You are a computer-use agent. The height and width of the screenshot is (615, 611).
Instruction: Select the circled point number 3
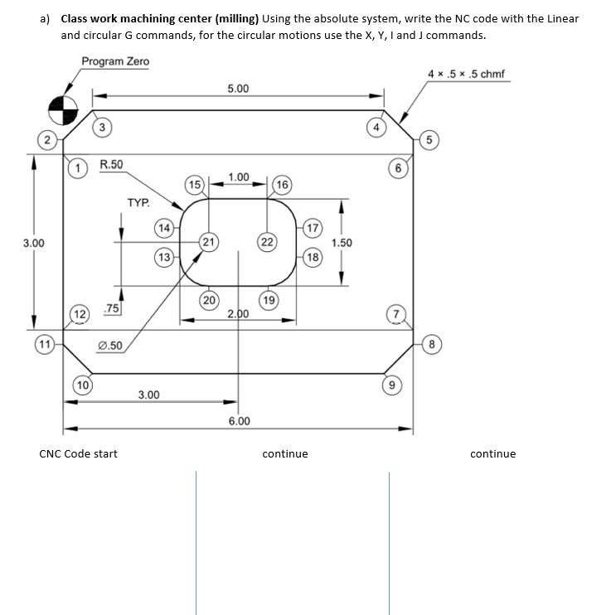[x=101, y=127]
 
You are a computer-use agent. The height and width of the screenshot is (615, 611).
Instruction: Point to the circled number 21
[x=209, y=242]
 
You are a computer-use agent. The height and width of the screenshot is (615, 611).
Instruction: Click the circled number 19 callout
[x=268, y=299]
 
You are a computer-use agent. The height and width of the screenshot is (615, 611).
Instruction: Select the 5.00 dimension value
[x=237, y=89]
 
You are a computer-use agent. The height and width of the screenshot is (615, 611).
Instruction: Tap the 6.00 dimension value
[x=239, y=421]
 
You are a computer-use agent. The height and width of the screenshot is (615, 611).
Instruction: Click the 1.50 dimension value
[x=342, y=243]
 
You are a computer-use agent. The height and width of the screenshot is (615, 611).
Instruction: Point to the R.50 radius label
[x=111, y=164]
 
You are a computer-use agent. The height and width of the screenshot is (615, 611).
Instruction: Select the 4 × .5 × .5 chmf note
[x=465, y=75]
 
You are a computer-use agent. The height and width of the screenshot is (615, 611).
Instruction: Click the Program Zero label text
[x=115, y=61]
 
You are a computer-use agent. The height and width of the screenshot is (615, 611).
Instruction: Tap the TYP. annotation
[x=138, y=202]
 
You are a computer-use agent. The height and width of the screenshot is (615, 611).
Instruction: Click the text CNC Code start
[x=79, y=453]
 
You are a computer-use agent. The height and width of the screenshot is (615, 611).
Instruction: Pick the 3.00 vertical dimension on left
[x=33, y=243]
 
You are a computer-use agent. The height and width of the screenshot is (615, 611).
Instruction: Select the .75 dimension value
[x=109, y=309]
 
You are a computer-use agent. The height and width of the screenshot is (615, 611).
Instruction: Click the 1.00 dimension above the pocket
[x=238, y=177]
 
